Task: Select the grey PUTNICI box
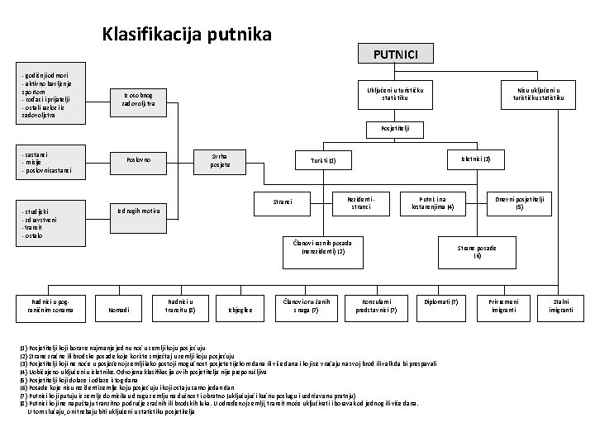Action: coord(395,55)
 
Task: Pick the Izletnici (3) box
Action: coord(475,158)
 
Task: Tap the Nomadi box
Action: coord(119,310)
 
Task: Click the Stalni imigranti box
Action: coord(561,306)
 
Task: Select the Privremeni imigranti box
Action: coord(504,306)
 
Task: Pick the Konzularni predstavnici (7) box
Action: coord(376,306)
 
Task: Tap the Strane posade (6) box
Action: coord(477,252)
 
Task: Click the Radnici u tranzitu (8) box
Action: coord(181,306)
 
